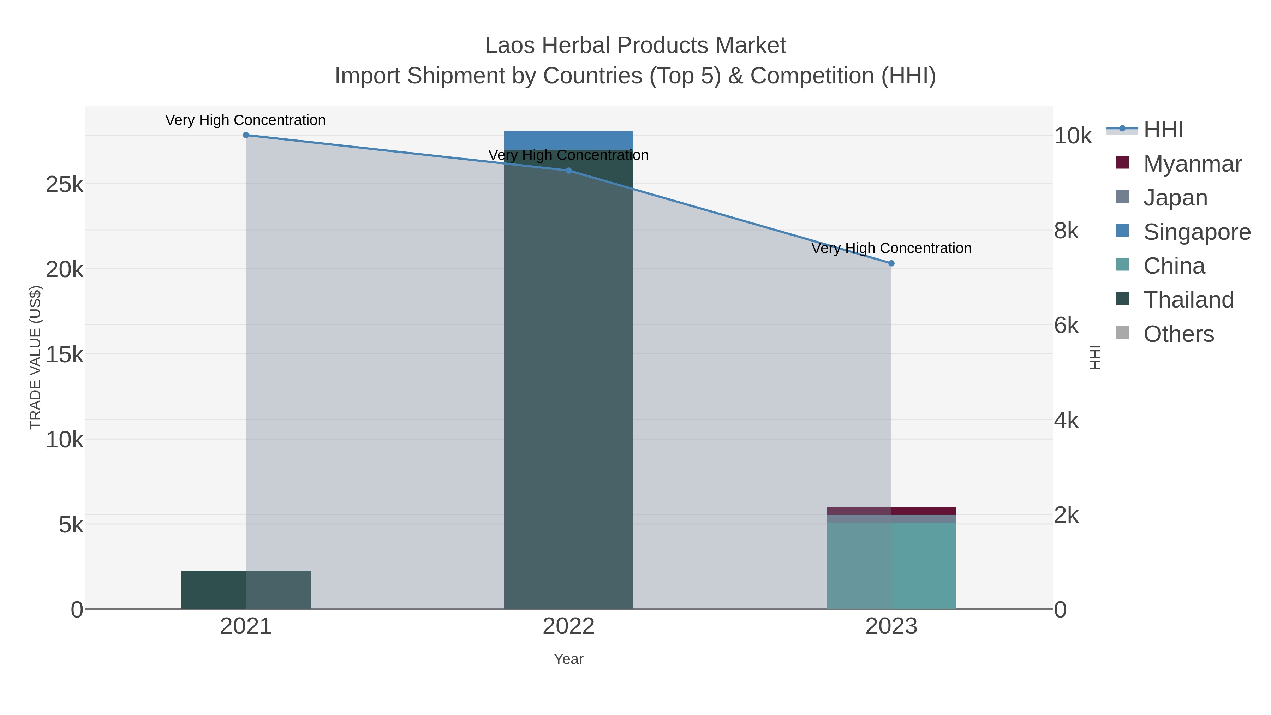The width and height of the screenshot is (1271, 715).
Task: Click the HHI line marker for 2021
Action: tap(246, 135)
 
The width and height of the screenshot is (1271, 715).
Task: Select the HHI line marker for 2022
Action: tap(568, 171)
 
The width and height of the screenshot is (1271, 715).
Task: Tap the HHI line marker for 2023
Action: tap(891, 263)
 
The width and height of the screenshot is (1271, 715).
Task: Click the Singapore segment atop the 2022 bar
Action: tap(568, 140)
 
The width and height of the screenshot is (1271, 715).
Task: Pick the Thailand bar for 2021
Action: tap(246, 590)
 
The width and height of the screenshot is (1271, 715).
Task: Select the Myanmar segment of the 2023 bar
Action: tap(891, 511)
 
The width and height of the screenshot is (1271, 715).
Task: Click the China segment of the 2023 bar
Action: tap(891, 566)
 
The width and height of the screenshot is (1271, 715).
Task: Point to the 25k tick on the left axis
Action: tap(65, 185)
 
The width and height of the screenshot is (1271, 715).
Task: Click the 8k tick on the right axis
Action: tap(1066, 231)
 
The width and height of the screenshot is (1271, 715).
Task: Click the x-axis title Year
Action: tap(568, 659)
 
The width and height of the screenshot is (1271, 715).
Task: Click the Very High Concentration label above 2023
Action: tap(891, 248)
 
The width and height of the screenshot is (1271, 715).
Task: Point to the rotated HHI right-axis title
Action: tap(1095, 357)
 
